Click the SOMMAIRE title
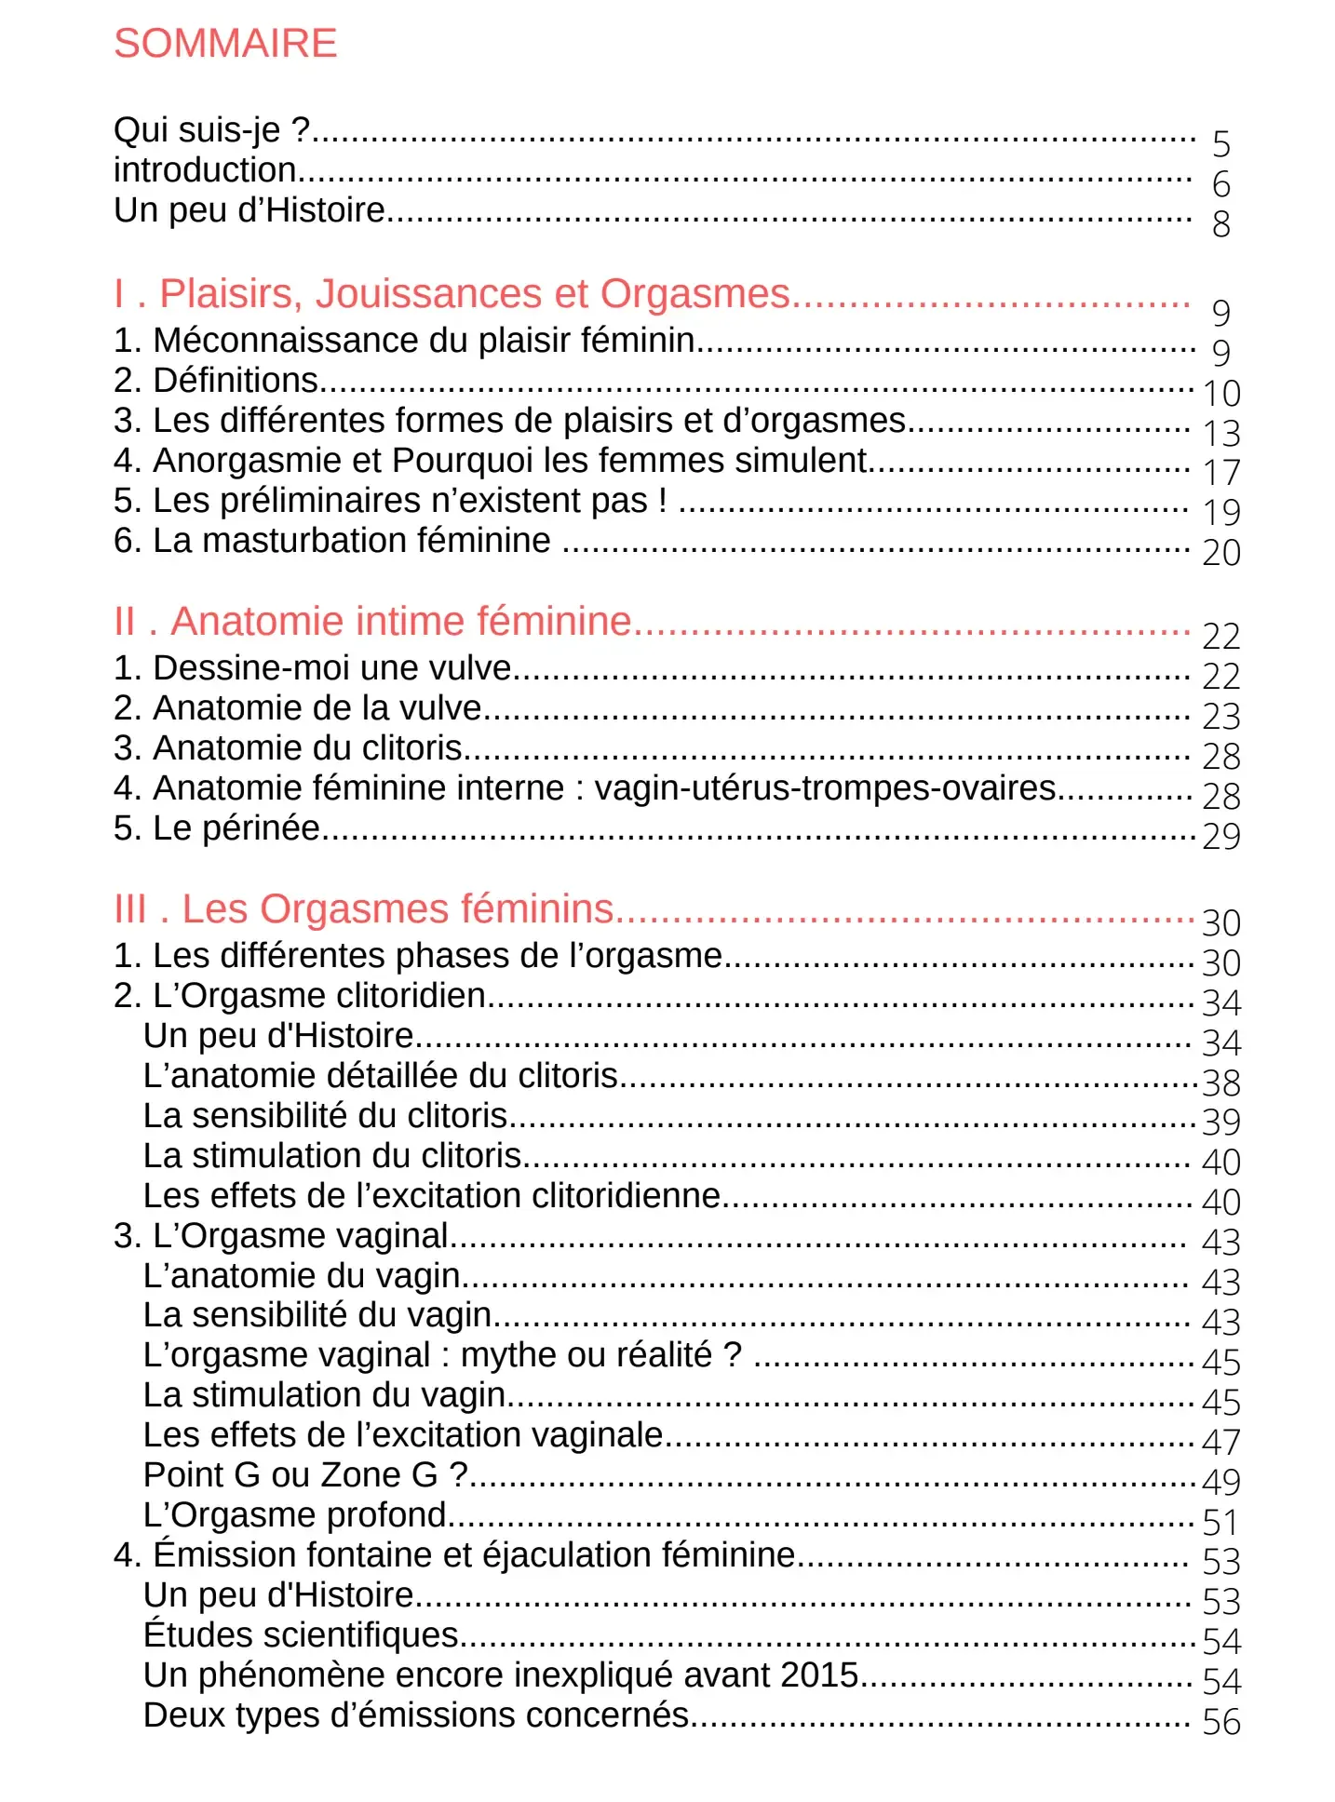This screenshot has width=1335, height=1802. tap(225, 44)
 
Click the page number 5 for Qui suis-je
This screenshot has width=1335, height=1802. tap(1221, 144)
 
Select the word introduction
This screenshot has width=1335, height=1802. tap(205, 170)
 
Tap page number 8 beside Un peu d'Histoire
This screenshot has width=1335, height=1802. tap(1221, 224)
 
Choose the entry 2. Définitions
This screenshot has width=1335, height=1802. tap(216, 381)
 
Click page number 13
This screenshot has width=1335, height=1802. tap(1221, 434)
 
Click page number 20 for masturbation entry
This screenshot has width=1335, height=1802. tap(1221, 553)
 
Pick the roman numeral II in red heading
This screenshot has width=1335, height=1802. tap(125, 622)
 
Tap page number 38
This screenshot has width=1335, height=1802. tap(1221, 1083)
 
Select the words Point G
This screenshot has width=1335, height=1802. tap(202, 1475)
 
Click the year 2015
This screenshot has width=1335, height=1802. tap(819, 1675)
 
